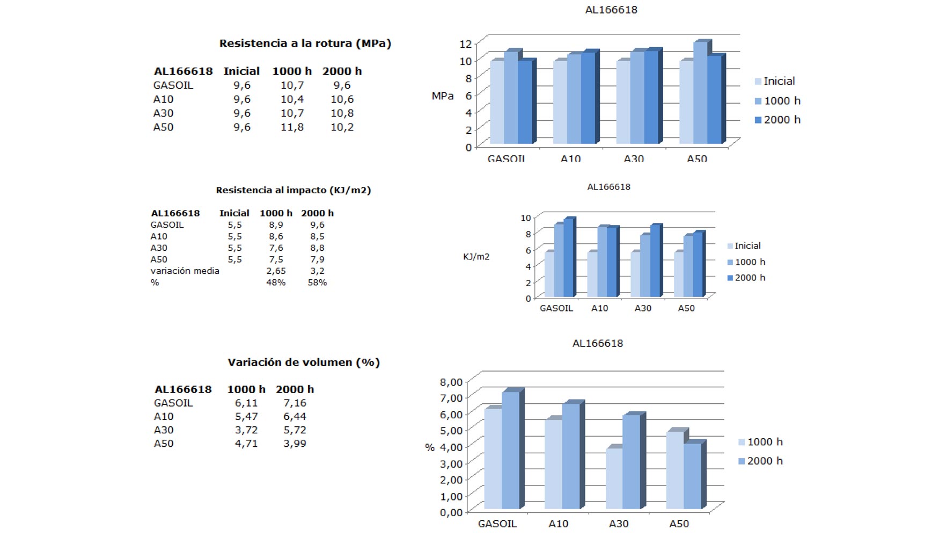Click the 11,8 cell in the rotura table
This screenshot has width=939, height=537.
coord(292,127)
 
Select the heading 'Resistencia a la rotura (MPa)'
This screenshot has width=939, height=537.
coord(305,43)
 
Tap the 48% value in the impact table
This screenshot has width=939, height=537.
coord(276,282)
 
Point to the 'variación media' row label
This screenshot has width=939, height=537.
coord(185,271)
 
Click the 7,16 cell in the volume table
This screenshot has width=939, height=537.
coord(295,403)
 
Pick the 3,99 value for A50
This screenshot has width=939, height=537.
coord(295,444)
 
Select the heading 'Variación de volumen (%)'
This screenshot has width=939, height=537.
coord(303,362)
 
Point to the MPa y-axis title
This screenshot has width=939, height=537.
coord(442,96)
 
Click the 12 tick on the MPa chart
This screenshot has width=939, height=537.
coord(465,43)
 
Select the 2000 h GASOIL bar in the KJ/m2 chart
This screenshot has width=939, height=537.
coord(568,258)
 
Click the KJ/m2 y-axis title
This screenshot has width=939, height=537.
coord(476,257)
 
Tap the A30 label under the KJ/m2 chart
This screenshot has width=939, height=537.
coord(643,308)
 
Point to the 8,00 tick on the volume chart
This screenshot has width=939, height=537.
coord(451,382)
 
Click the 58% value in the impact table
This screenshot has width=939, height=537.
coord(317,282)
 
